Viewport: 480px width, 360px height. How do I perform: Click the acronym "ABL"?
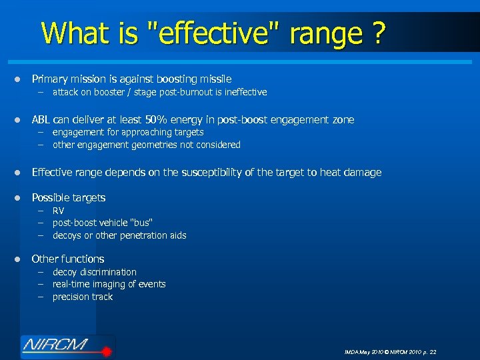point(41,120)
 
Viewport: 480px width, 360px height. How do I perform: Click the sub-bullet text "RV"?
point(59,211)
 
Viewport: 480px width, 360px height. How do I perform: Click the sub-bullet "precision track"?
point(83,297)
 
